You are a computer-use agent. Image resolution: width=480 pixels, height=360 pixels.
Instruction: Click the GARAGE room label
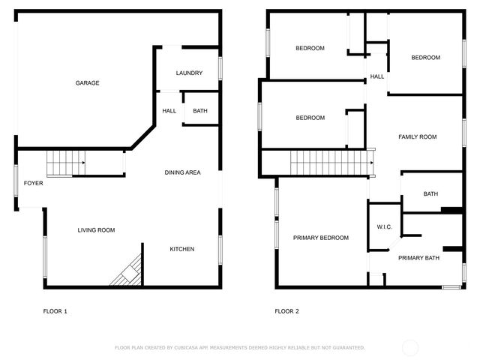87,83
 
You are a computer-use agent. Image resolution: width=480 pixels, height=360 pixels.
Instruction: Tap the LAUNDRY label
189,73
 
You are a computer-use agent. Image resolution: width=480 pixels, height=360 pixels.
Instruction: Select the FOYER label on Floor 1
33,183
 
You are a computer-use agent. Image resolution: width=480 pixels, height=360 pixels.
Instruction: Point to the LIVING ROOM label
96,230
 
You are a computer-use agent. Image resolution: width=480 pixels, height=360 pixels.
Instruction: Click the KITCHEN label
181,249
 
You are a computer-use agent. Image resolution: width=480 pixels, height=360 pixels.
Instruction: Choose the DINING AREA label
182,173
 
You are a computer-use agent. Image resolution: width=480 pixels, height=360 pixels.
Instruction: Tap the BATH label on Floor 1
200,112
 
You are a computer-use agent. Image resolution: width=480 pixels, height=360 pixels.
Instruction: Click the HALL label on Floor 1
169,112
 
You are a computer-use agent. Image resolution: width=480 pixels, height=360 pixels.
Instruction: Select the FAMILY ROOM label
417,136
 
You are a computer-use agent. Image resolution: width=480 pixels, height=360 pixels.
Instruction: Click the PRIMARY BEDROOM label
321,238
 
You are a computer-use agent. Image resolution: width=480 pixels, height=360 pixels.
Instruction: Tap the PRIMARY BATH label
418,258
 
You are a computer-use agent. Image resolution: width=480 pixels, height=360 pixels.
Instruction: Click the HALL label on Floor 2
377,76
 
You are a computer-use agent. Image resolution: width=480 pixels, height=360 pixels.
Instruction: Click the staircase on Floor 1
64,163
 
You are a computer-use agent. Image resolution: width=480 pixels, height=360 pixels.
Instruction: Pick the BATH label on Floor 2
430,193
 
